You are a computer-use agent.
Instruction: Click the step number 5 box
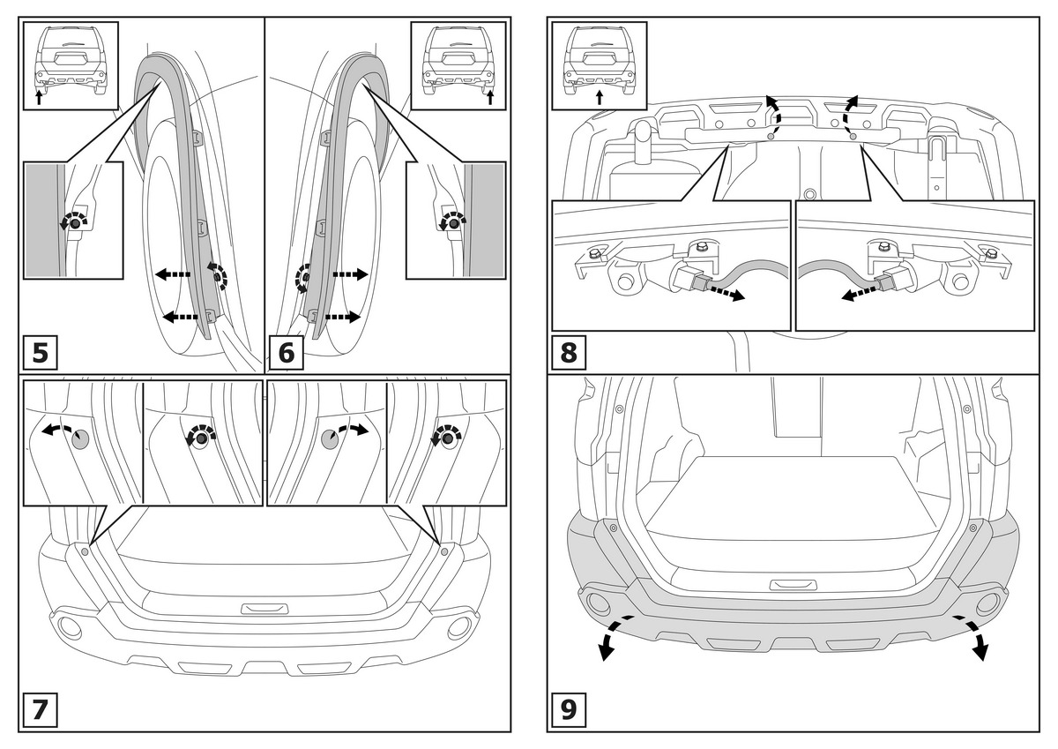[x=40, y=353]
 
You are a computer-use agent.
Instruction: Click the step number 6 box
[x=286, y=353]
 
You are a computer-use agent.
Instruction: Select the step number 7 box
[x=40, y=710]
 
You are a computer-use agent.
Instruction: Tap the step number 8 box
[x=569, y=353]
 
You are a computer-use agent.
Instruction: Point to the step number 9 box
[x=569, y=710]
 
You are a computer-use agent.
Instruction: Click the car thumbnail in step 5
[x=71, y=65]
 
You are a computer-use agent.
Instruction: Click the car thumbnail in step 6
[x=458, y=65]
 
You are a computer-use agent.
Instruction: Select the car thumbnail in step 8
[x=599, y=65]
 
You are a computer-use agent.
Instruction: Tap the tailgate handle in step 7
[x=264, y=609]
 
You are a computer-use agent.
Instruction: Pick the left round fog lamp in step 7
[x=67, y=627]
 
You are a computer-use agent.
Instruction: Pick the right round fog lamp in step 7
[x=459, y=627]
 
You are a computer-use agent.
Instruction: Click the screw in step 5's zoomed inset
[x=74, y=224]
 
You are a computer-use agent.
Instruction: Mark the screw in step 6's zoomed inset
[x=453, y=224]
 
